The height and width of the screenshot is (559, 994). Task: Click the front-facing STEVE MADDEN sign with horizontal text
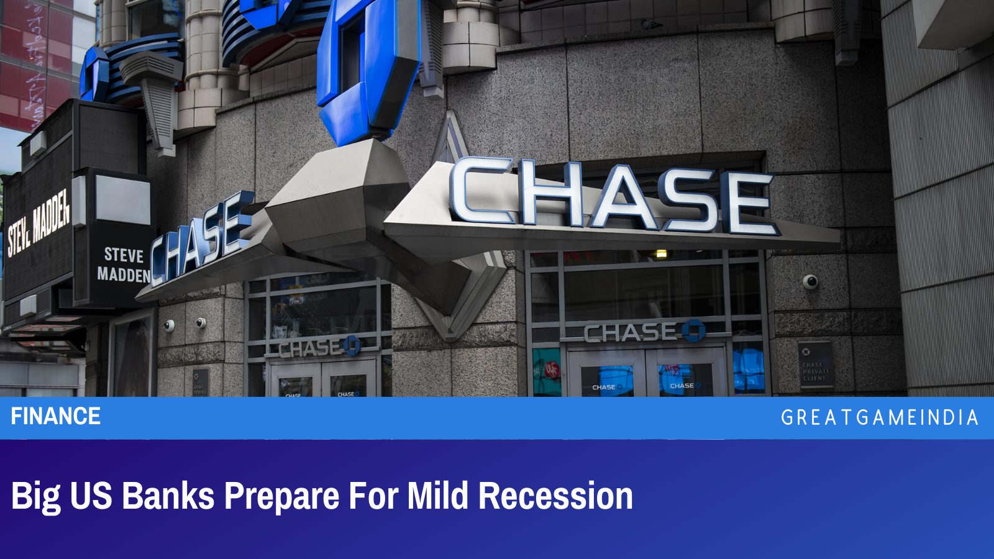click(x=123, y=265)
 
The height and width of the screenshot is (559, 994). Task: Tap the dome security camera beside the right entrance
click(x=810, y=282)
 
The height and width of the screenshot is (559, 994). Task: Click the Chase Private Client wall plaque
click(x=814, y=366)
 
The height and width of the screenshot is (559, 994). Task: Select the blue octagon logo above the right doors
click(x=693, y=330)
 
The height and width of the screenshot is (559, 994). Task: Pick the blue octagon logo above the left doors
click(x=352, y=345)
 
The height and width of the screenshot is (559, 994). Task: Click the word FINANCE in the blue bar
click(x=56, y=416)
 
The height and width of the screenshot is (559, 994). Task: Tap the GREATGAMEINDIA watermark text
click(x=879, y=417)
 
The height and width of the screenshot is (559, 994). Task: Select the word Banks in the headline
click(x=168, y=496)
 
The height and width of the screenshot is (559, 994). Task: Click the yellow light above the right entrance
click(x=661, y=253)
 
